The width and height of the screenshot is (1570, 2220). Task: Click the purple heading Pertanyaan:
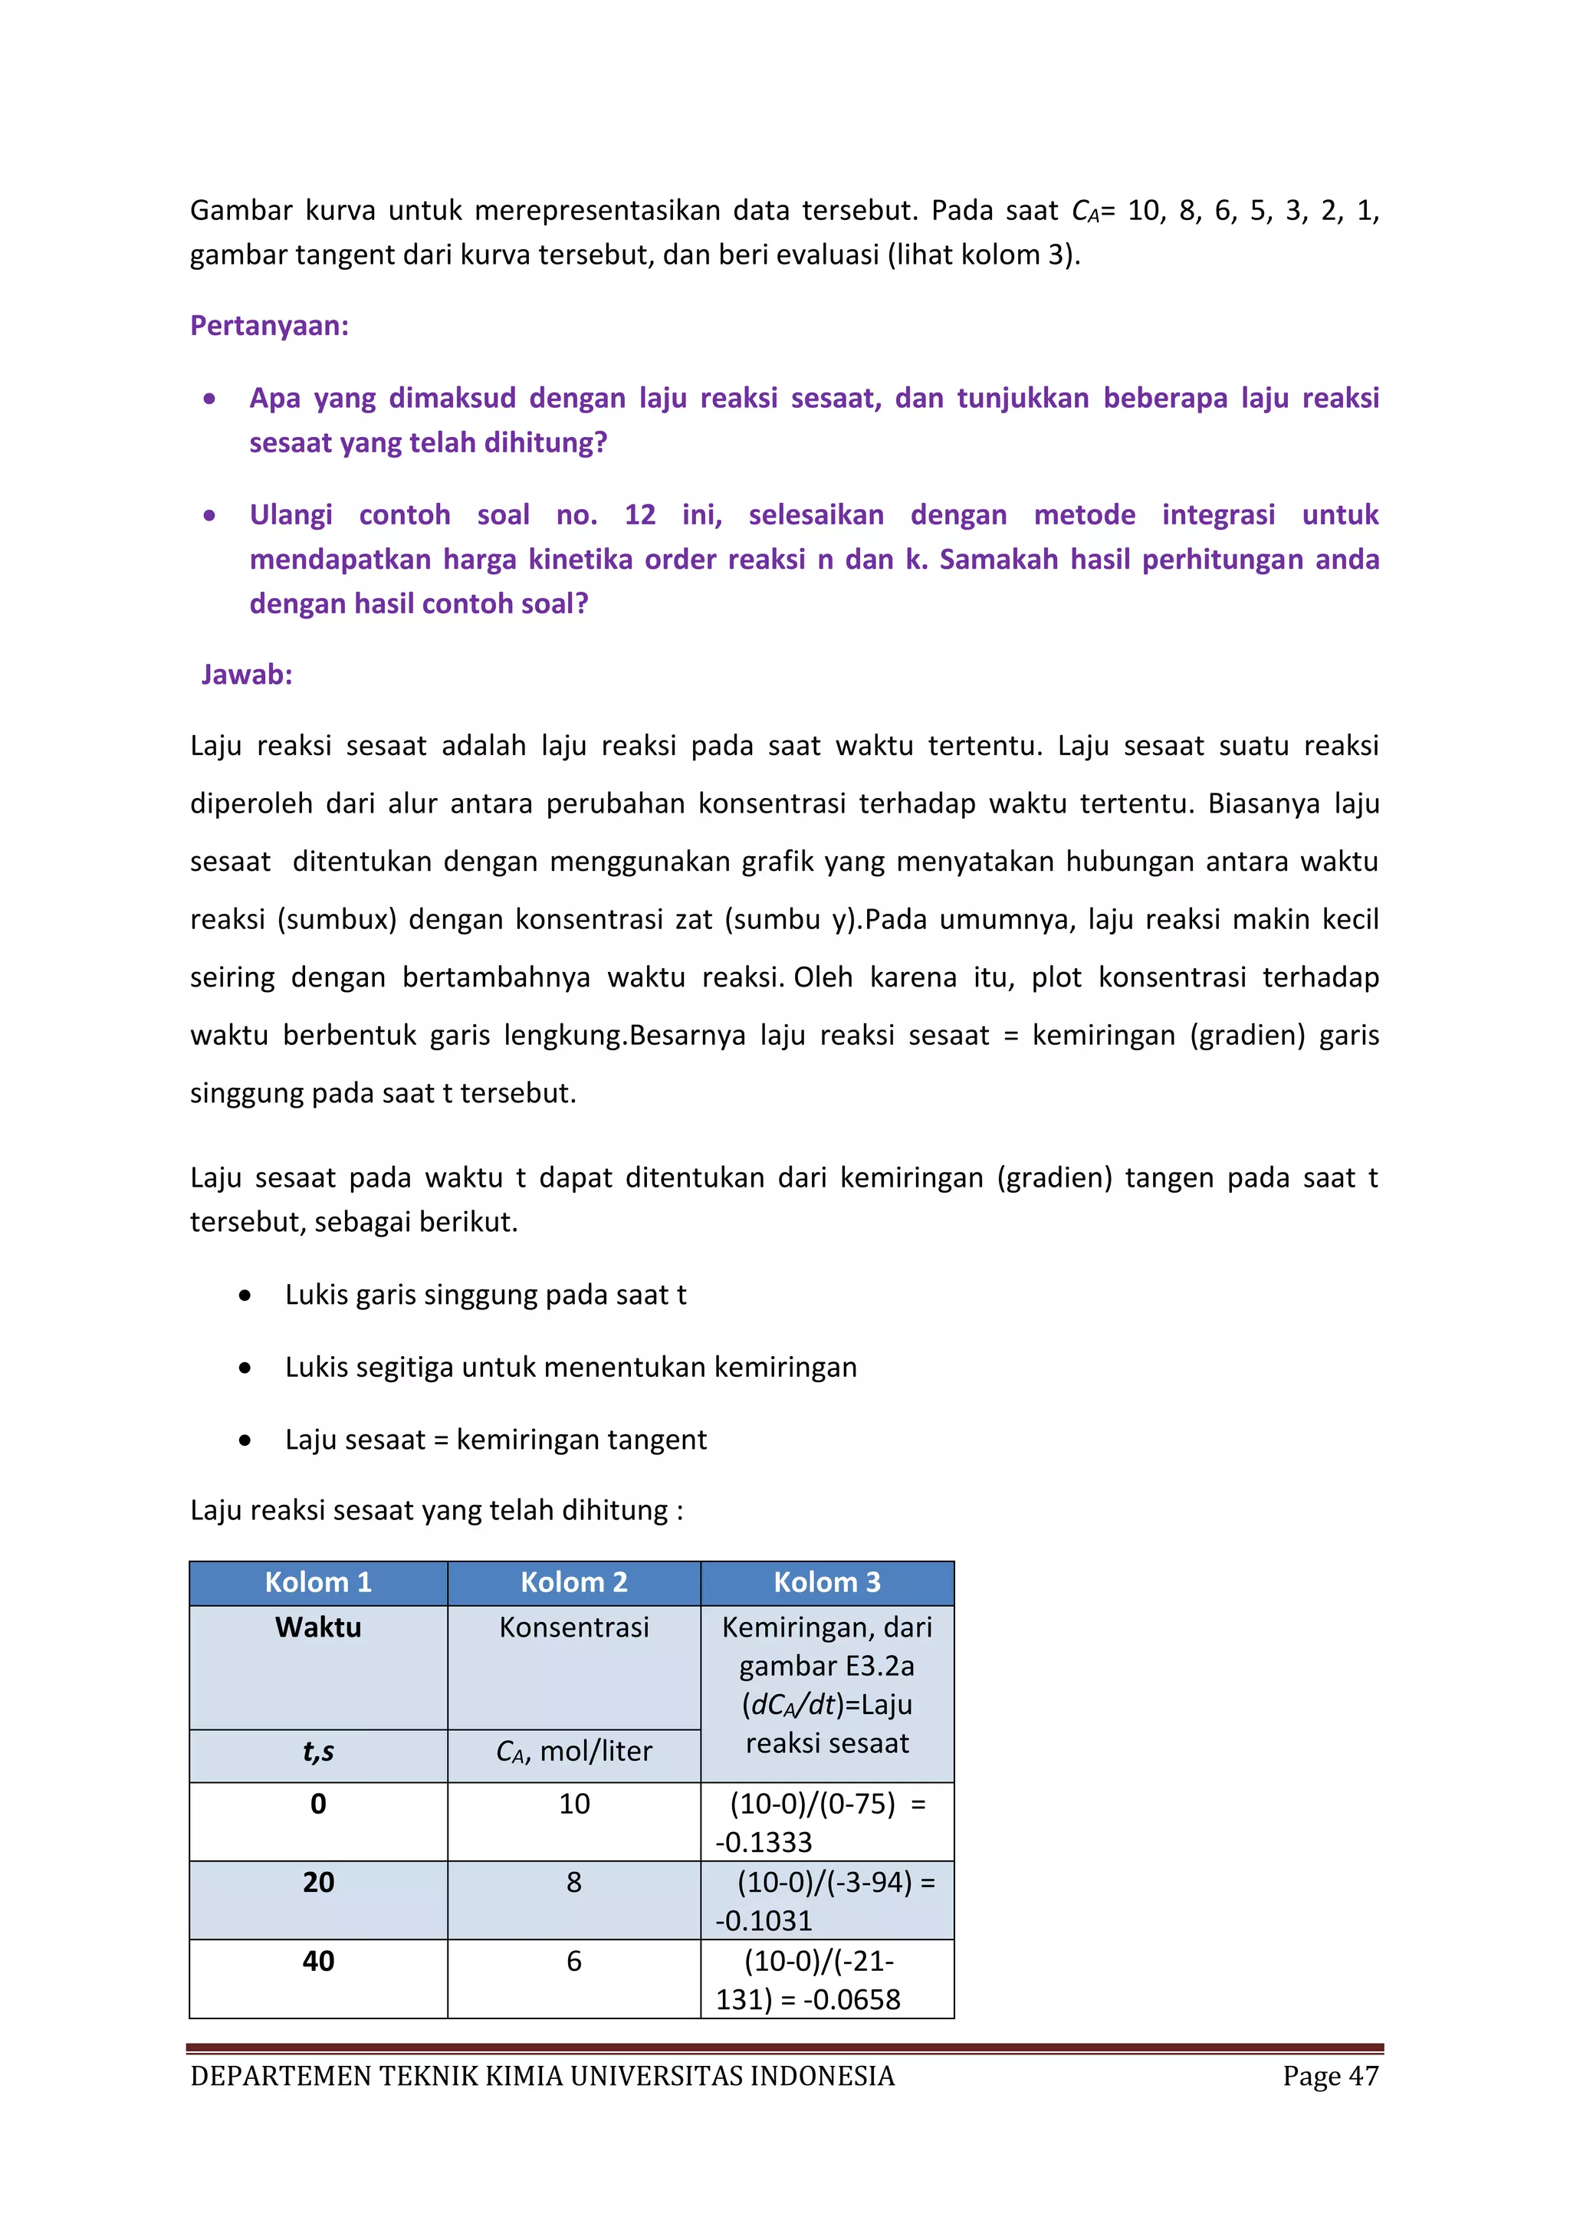[269, 326]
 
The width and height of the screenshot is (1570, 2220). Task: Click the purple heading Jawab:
[247, 674]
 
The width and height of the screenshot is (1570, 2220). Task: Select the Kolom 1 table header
[318, 1582]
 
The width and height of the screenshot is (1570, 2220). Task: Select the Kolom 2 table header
[573, 1582]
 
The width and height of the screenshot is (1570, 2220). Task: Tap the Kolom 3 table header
[826, 1582]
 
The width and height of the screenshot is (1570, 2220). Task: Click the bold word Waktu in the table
[318, 1627]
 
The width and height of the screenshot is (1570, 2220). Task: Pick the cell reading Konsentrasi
[573, 1627]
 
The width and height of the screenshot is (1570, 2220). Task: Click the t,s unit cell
[318, 1751]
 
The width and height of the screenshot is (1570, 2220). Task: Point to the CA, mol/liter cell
[573, 1751]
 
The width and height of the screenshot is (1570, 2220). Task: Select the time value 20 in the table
[318, 1882]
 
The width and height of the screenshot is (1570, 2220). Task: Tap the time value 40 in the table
[318, 1960]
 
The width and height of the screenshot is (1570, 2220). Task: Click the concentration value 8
[573, 1882]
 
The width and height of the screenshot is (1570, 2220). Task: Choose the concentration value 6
[573, 1960]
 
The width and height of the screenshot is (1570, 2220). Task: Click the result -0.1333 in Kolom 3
[764, 1842]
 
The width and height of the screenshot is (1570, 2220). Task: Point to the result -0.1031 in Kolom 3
[764, 1920]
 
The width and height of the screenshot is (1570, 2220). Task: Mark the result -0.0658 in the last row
[851, 1998]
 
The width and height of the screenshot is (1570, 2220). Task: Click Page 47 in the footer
[1330, 2076]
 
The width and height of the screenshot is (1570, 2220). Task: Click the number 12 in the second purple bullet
[639, 514]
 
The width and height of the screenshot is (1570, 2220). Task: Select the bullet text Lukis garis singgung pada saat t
[485, 1295]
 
